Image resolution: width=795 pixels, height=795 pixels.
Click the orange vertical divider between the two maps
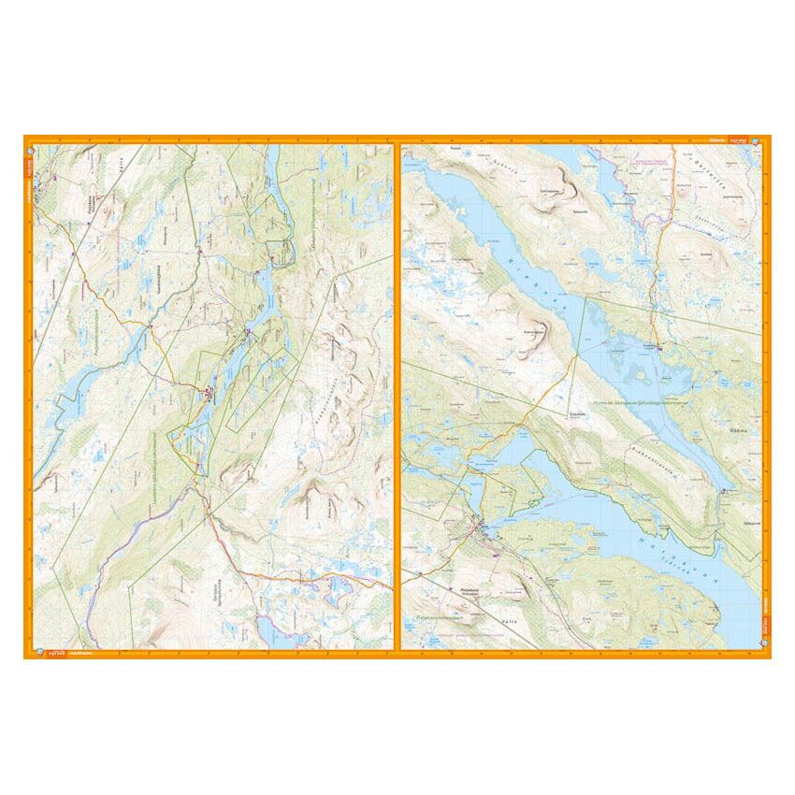[x=397, y=397]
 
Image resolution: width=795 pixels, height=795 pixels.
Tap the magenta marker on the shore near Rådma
[x=725, y=490]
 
